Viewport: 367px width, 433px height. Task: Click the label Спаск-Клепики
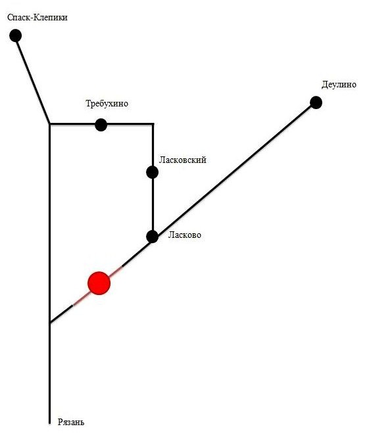pos(37,18)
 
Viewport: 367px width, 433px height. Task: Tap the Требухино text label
pos(107,104)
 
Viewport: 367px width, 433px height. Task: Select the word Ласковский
pos(183,160)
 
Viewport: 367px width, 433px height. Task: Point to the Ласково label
pos(185,235)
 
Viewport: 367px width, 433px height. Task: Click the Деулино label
pos(339,85)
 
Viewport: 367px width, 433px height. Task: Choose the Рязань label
pos(71,422)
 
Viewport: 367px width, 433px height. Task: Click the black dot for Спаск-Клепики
pos(16,35)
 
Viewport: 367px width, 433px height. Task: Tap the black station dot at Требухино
pos(101,125)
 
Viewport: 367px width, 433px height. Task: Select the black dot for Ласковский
pos(153,172)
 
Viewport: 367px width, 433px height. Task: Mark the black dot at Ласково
pos(153,237)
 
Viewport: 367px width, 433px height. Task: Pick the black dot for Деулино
pos(316,103)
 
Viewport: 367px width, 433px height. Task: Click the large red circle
pos(99,283)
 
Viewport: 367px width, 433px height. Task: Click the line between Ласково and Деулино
pos(234,170)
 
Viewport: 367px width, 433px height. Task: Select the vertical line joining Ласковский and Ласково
pos(153,204)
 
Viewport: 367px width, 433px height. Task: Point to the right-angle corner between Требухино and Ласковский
pos(153,124)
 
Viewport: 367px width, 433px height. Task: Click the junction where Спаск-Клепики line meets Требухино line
pos(50,124)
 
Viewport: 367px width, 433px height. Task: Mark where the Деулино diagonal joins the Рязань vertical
pos(50,323)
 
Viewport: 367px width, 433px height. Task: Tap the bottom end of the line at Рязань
pos(50,423)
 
